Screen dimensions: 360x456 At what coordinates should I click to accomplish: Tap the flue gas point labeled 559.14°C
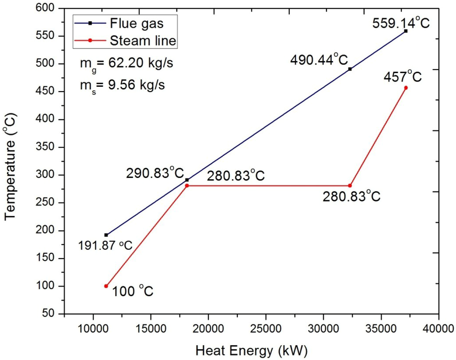[x=406, y=31]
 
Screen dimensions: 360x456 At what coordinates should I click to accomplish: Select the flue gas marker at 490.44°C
[x=350, y=69]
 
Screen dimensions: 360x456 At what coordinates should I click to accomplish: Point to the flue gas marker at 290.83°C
[x=187, y=180]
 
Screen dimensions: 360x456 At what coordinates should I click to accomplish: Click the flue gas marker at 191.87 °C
[x=106, y=235]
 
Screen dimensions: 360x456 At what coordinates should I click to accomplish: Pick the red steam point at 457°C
[x=406, y=88]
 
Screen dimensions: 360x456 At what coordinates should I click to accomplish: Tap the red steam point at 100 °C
[x=106, y=286]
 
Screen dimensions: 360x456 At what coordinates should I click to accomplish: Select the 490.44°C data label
[x=318, y=59]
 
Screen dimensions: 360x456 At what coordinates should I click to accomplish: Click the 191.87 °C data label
[x=105, y=246]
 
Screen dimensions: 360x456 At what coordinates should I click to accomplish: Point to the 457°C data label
[x=402, y=77]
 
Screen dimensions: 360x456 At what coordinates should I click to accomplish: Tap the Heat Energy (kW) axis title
[x=251, y=351]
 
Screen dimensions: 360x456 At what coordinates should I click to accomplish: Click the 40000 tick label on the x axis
[x=438, y=330]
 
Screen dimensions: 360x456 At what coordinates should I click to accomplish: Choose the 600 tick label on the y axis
[x=50, y=8]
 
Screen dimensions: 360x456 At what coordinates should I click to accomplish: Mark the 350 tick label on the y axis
[x=50, y=147]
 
